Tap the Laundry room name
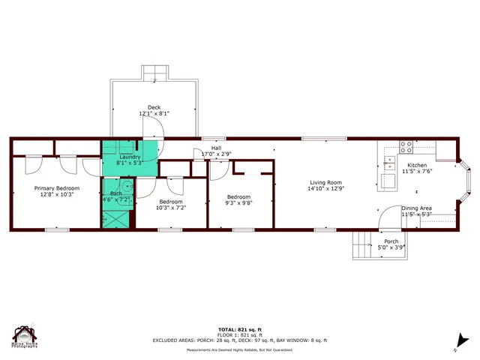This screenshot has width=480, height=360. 130,157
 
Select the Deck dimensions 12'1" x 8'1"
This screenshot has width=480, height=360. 154,114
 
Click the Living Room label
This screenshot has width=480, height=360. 325,182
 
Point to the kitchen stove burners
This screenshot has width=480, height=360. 406,147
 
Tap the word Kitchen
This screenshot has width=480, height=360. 416,165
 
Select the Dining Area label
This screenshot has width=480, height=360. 416,208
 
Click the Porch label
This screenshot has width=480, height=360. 391,241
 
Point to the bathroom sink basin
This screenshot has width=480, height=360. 127,187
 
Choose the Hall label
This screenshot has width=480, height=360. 216,148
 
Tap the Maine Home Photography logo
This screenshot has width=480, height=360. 25,337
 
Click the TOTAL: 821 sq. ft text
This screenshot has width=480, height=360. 240,329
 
